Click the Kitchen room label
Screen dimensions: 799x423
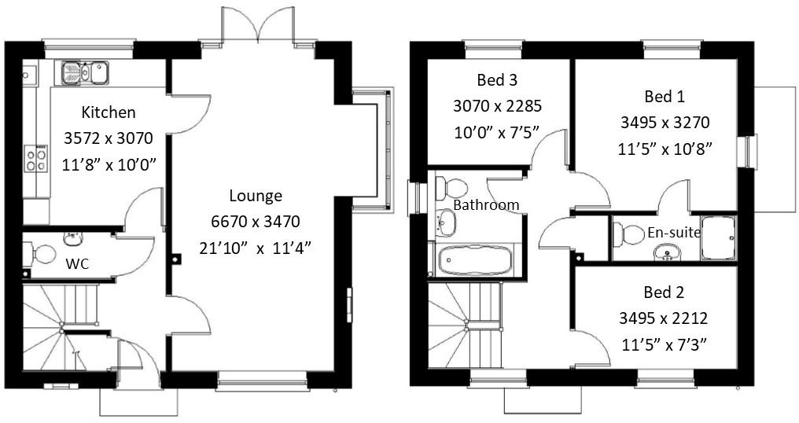pos(109,112)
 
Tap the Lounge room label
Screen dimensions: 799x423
pos(256,197)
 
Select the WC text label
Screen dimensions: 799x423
pos(77,264)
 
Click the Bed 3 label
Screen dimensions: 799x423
pos(497,80)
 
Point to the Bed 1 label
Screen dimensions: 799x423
pos(665,97)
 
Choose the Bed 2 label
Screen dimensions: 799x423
pos(664,292)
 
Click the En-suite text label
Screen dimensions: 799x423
pos(674,233)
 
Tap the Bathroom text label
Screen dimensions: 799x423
pos(486,205)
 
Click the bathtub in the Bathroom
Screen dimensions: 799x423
pos(476,260)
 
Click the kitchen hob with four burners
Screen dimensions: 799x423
pos(35,159)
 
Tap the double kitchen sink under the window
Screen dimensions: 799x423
pos(85,73)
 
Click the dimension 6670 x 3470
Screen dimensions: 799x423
pos(256,222)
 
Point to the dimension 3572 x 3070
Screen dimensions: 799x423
pos(109,138)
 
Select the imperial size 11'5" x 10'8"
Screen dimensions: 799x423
pos(665,149)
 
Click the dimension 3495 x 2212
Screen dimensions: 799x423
pos(664,318)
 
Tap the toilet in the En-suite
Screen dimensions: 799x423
pos(628,234)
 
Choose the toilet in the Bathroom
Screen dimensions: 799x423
pos(451,188)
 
